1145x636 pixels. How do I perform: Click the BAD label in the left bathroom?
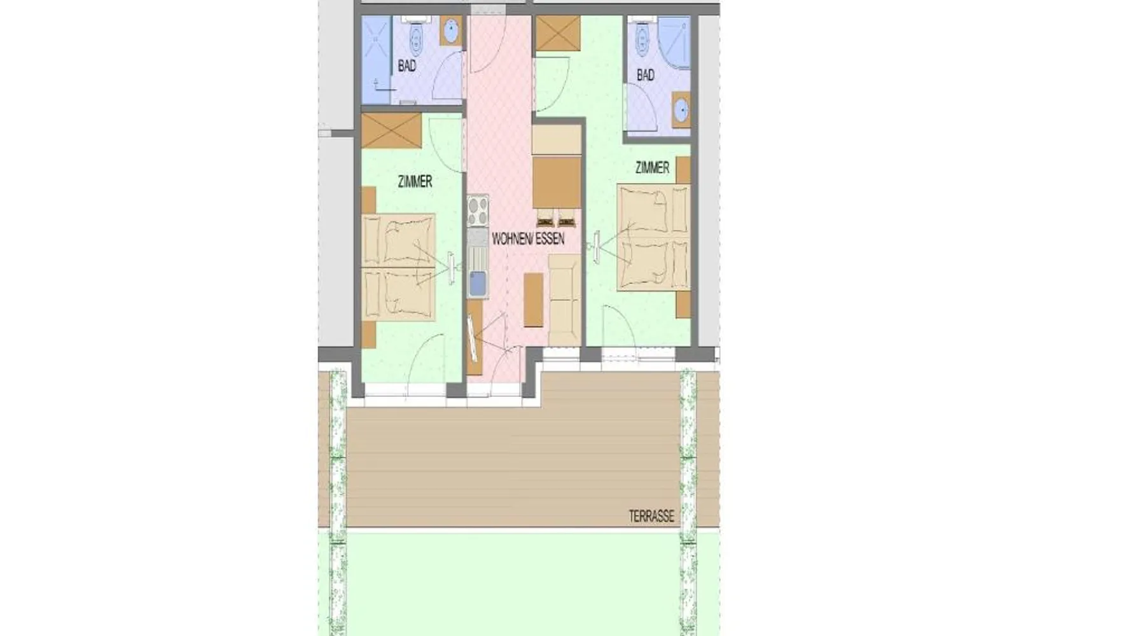point(406,66)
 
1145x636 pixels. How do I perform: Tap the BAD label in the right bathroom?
point(646,75)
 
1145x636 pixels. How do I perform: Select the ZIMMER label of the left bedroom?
point(415,181)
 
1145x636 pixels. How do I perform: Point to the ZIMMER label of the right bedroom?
point(652,167)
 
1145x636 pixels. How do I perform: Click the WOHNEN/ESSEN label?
point(528,238)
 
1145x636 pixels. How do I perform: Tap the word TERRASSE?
point(651,516)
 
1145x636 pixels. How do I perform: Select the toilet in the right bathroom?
point(641,41)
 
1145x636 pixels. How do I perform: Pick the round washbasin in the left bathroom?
point(451,31)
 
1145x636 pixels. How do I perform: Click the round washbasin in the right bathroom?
point(681,111)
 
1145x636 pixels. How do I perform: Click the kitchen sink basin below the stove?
point(478,282)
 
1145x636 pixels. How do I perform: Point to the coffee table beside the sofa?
point(533,300)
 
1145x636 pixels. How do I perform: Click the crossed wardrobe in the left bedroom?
point(391,132)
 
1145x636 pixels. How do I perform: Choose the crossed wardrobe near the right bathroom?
point(558,32)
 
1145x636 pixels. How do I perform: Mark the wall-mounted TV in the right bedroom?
point(598,247)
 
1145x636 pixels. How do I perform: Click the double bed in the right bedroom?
point(653,238)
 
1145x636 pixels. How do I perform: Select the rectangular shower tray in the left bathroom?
point(376,59)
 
